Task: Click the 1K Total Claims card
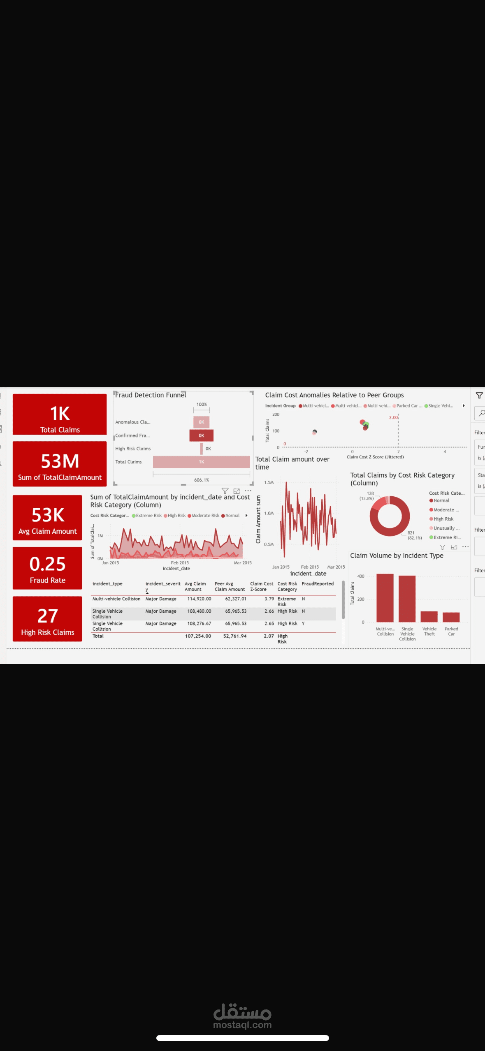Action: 60,414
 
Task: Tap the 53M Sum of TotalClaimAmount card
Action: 60,464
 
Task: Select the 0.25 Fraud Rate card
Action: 47,568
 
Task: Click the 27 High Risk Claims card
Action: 47,619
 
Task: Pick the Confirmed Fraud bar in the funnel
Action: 201,435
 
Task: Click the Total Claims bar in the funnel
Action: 201,462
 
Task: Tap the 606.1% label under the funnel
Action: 201,480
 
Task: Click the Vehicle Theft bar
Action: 429,616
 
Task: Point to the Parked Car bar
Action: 451,617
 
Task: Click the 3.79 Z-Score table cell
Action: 269,599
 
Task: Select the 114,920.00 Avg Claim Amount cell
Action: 199,599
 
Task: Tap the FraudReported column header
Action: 318,584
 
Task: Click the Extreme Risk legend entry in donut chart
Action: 446,537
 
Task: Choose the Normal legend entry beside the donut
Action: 441,500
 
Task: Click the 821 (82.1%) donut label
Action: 414,535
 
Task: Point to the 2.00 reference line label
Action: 393,417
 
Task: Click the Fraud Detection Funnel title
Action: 151,395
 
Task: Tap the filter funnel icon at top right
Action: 479,396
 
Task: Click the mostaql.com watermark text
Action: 242,1025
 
